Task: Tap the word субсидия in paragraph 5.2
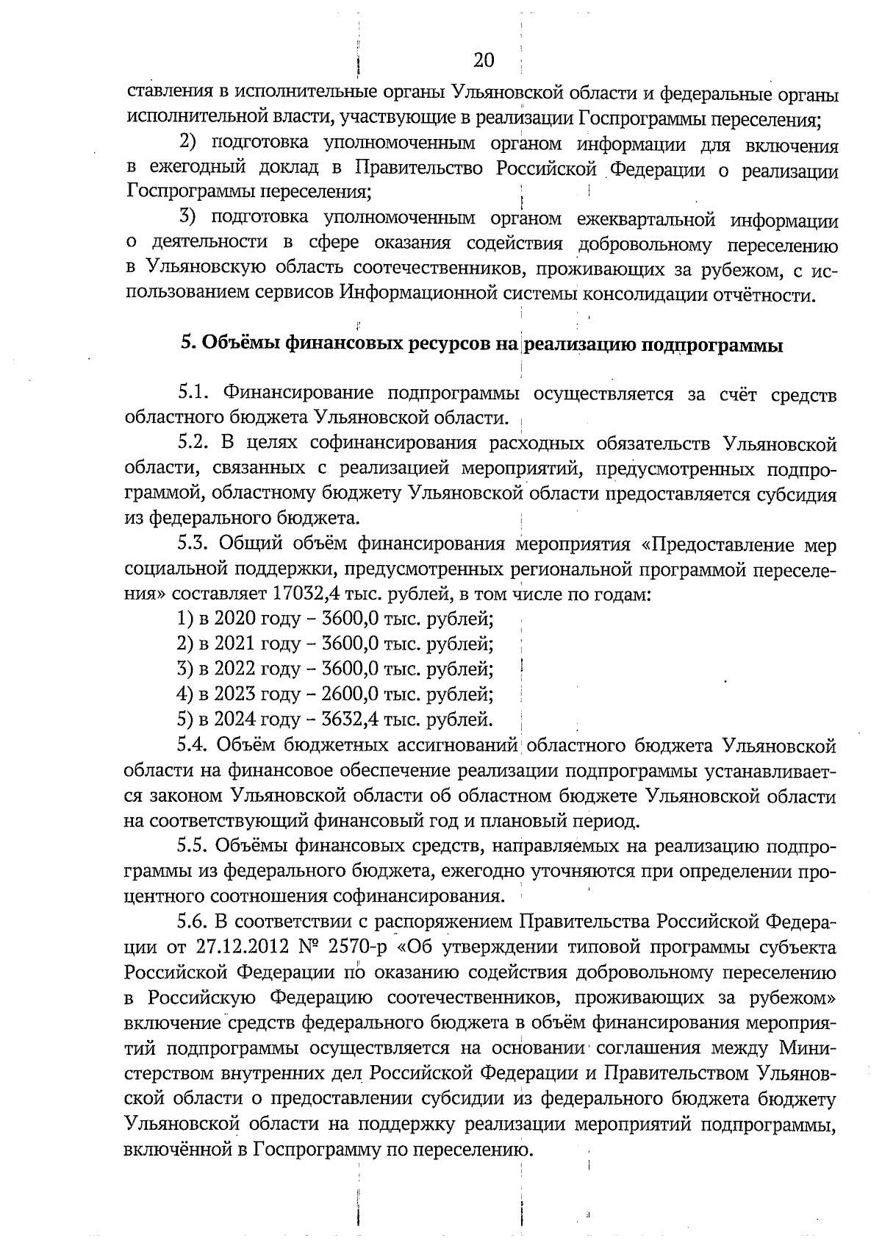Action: [797, 494]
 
